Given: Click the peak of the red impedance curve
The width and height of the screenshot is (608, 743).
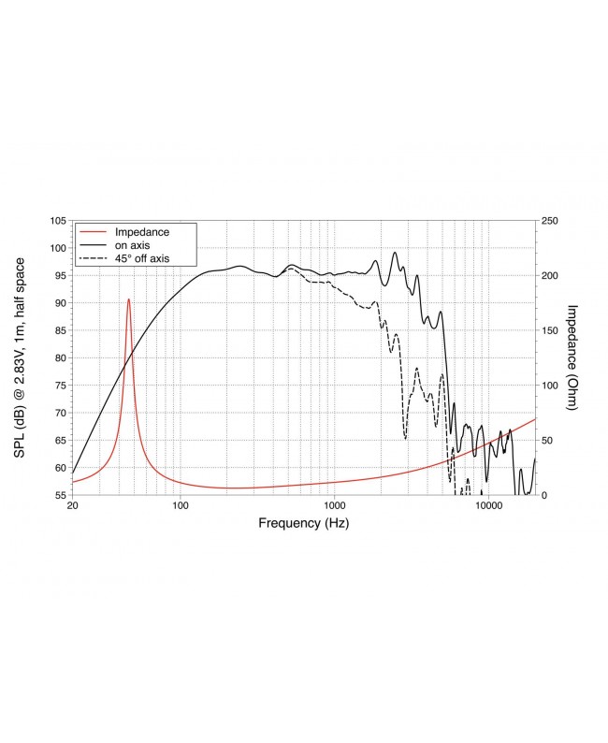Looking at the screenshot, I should tap(129, 299).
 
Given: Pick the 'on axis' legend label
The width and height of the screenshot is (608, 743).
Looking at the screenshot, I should tap(133, 244).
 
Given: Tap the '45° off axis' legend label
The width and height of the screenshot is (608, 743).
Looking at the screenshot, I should tap(141, 257).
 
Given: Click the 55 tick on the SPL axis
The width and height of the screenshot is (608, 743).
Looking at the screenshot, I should tap(59, 495).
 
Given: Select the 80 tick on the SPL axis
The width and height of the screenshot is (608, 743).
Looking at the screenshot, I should tap(59, 358).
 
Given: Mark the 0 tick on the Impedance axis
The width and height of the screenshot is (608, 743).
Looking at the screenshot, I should tap(546, 495).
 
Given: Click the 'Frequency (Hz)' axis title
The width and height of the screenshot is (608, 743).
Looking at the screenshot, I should tap(303, 523).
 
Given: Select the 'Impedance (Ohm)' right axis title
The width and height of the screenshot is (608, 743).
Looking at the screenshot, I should tap(573, 358).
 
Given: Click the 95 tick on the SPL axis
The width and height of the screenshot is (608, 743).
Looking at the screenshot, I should tap(59, 276).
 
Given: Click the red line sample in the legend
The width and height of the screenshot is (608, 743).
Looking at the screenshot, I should tap(93, 231).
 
